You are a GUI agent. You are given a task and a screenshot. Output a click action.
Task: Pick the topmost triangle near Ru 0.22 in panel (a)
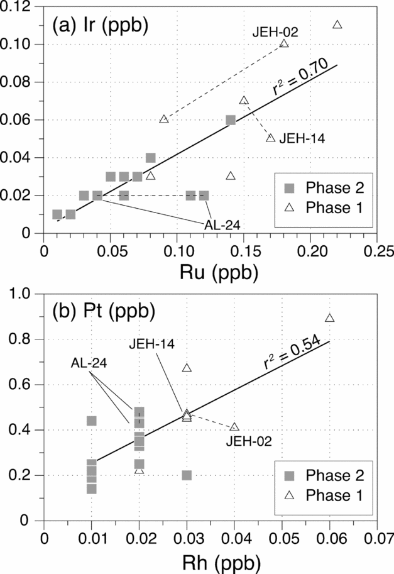337,25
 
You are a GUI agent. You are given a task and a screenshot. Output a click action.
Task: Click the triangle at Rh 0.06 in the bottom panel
329,317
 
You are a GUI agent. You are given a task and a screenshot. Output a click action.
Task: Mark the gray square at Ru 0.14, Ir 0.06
231,119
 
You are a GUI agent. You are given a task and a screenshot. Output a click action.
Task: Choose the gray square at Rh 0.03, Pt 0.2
187,475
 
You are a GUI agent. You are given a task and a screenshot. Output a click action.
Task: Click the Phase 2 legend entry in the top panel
320,189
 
